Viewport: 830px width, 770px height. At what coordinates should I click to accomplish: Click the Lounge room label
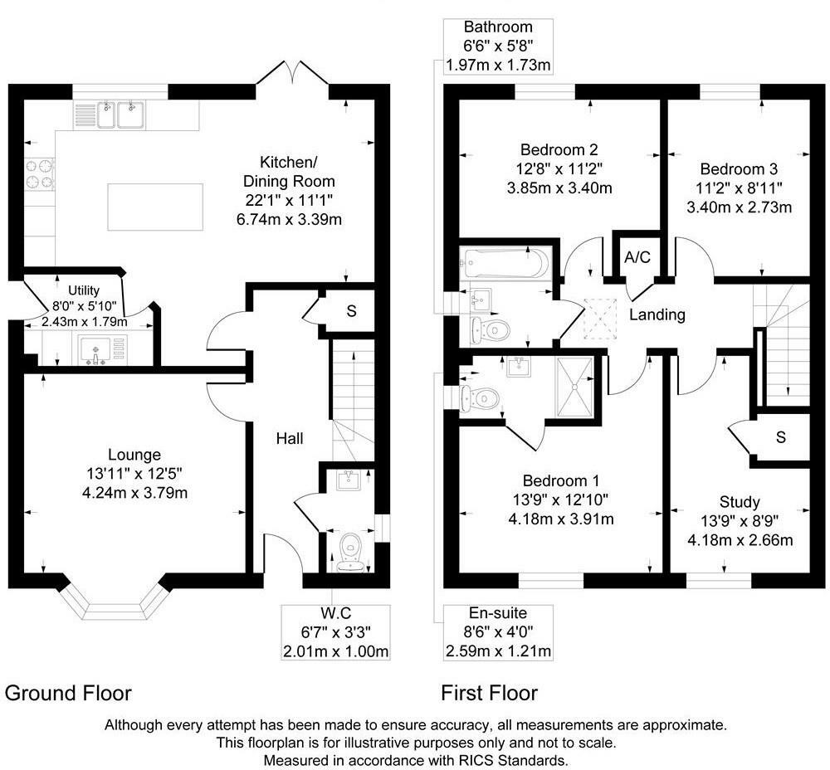coord(134,454)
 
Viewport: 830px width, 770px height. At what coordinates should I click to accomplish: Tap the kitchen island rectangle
coord(155,207)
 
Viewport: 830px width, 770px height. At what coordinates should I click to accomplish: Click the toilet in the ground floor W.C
coord(351,548)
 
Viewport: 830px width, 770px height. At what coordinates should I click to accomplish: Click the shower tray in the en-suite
coord(574,386)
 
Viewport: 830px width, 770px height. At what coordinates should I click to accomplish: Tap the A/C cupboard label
coord(637,257)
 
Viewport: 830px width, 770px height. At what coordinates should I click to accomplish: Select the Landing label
coord(657,314)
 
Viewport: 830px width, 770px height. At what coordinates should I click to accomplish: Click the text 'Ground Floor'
coord(68,692)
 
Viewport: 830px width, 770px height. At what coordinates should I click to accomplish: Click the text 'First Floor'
coord(489,692)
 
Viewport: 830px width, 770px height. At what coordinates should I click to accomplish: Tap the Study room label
coord(740,502)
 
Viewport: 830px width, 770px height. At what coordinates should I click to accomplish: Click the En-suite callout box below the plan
coord(498,632)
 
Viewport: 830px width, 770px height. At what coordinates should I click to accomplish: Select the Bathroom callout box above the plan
coord(498,46)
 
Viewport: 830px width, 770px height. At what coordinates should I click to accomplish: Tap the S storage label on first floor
coord(780,437)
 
